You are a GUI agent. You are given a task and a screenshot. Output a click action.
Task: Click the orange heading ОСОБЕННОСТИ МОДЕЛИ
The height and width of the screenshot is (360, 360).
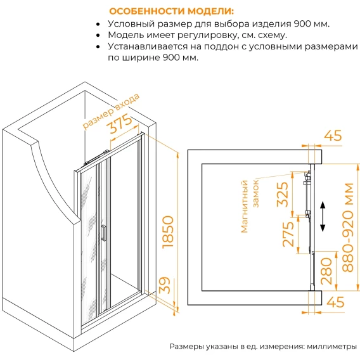coord(171,11)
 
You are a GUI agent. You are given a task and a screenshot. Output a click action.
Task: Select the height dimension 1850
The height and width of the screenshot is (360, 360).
coord(168,232)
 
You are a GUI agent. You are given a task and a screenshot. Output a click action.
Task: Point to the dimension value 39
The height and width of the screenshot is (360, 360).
coord(165,285)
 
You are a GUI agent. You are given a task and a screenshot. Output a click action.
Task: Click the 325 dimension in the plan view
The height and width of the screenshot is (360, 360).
coord(282,195)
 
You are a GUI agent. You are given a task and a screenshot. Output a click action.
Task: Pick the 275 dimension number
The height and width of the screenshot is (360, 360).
coord(288,234)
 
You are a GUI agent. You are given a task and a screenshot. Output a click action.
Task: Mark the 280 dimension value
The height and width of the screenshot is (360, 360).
coord(326,271)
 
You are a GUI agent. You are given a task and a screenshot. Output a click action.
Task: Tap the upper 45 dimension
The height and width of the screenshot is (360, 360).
coord(333,136)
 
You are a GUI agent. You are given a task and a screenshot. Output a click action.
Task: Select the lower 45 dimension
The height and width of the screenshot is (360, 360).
coord(335,302)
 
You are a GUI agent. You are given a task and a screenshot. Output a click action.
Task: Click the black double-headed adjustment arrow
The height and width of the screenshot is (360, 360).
coord(323,216)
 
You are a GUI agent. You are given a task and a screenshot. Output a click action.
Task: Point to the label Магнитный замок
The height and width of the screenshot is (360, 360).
coord(250,207)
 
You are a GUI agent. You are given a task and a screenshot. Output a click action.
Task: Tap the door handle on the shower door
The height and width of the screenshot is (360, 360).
coord(104,233)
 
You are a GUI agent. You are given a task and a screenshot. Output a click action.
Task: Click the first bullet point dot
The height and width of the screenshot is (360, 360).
coord(98,24)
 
